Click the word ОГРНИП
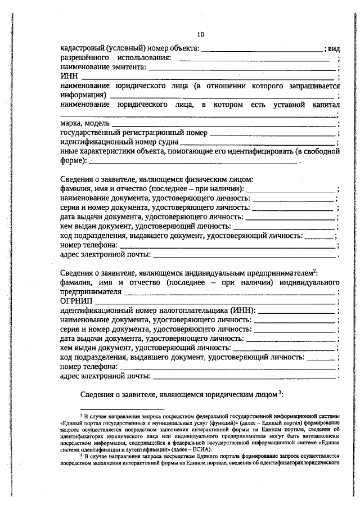(75, 301)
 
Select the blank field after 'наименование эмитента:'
(242, 67)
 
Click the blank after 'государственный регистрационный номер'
(273, 133)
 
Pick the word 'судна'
(178, 142)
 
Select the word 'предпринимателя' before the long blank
(91, 292)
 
